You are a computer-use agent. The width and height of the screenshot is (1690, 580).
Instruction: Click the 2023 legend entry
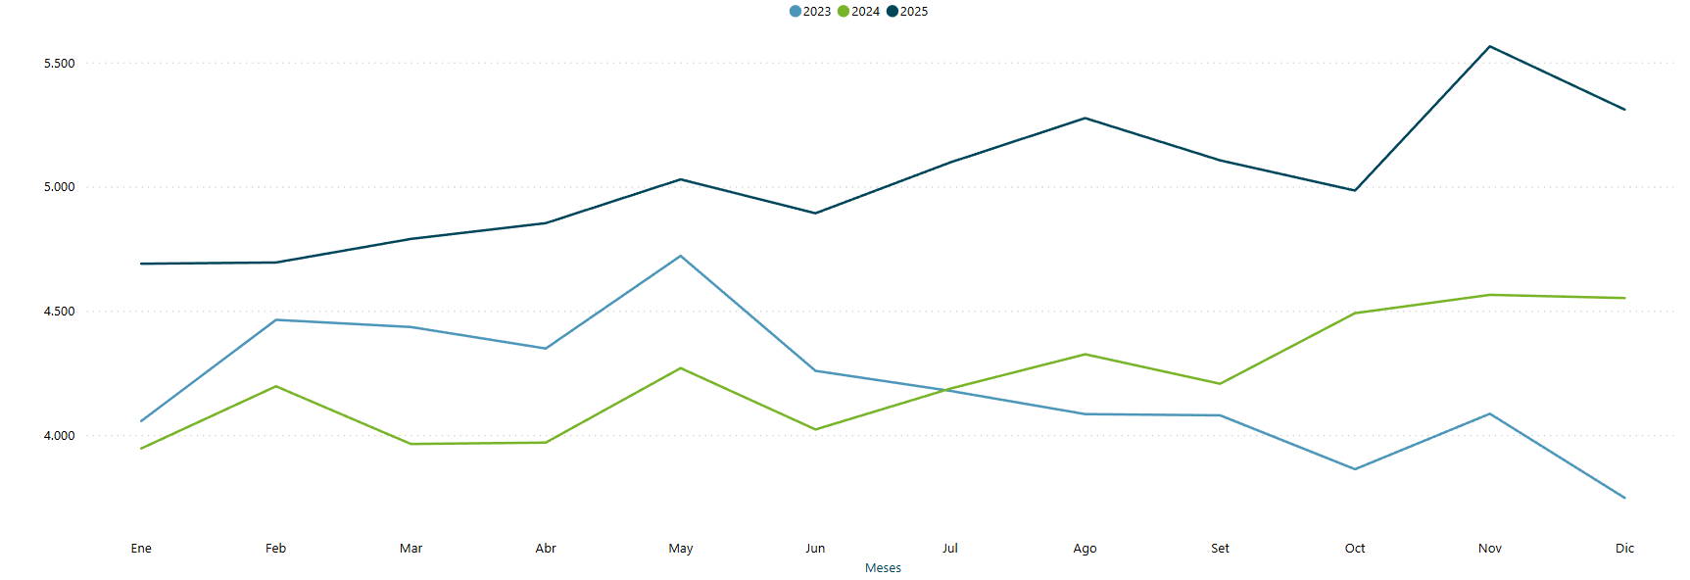(810, 12)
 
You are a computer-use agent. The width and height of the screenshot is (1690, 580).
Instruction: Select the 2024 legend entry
(859, 12)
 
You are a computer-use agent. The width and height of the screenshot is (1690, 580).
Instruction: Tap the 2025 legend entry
(908, 12)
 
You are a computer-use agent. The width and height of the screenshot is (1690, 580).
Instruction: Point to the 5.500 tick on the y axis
(59, 64)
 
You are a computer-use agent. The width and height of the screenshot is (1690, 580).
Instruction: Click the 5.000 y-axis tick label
(59, 187)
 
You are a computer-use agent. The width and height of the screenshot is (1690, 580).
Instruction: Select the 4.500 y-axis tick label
(59, 312)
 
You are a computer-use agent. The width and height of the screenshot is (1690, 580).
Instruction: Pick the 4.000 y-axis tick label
(59, 436)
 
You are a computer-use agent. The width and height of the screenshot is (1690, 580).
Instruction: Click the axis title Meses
(883, 568)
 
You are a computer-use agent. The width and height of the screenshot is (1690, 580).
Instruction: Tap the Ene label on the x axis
(141, 549)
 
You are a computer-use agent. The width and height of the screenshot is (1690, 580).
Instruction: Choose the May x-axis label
(681, 549)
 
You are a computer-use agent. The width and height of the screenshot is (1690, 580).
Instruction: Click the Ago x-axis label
(1085, 549)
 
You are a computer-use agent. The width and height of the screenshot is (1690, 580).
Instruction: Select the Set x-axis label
(1220, 549)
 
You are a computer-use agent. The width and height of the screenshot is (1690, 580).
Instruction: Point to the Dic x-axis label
(1624, 549)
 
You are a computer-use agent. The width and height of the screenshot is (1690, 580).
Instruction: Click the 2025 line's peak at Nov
(1490, 46)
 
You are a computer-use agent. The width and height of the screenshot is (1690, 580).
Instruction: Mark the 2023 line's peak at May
(681, 256)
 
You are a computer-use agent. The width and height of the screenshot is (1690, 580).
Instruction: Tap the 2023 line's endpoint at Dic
(1624, 498)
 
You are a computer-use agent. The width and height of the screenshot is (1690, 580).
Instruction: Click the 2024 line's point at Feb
(276, 386)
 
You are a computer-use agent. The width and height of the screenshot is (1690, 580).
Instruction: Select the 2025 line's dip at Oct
(1355, 190)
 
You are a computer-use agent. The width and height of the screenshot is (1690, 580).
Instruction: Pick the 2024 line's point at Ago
(1085, 354)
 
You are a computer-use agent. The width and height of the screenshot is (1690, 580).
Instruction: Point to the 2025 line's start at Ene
(142, 264)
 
